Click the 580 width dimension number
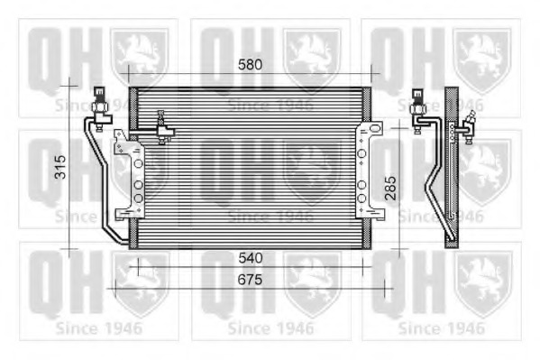250,64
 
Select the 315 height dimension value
61,167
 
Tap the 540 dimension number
251,258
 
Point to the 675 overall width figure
250,280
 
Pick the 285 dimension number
390,189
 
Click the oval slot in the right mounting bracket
375,129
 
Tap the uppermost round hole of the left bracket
139,163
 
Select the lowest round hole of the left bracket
139,198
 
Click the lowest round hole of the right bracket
362,198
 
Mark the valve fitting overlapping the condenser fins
162,127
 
